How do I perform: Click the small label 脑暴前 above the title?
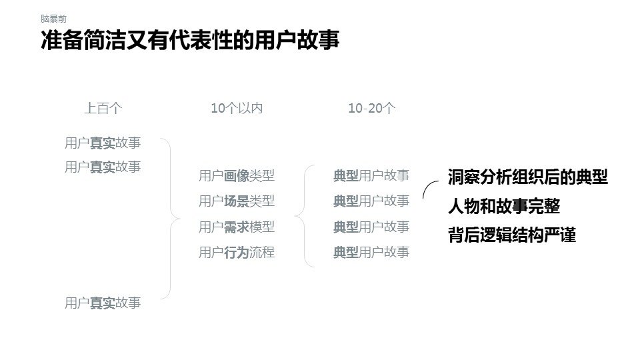53,19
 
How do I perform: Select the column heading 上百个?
103,108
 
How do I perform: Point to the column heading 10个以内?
237,108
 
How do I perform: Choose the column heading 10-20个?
371,108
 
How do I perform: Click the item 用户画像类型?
237,176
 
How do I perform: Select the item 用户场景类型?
237,201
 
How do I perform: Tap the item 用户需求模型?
237,227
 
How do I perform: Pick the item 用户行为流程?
237,252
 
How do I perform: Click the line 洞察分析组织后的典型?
527,177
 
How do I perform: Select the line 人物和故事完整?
503,206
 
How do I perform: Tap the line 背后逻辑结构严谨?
511,235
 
